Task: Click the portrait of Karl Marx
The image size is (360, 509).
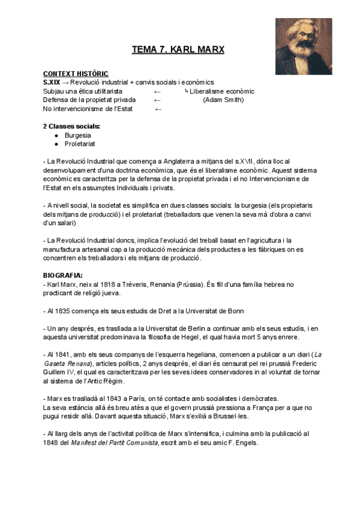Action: [304, 46]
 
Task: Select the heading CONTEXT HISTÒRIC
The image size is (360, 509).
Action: [76, 73]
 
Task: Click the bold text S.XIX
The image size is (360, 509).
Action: [52, 82]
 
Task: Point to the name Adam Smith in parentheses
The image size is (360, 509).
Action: [223, 100]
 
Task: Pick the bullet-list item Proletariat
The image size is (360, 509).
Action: [80, 144]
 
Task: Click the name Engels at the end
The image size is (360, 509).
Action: [246, 443]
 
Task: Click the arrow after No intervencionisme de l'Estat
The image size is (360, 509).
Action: [158, 109]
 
